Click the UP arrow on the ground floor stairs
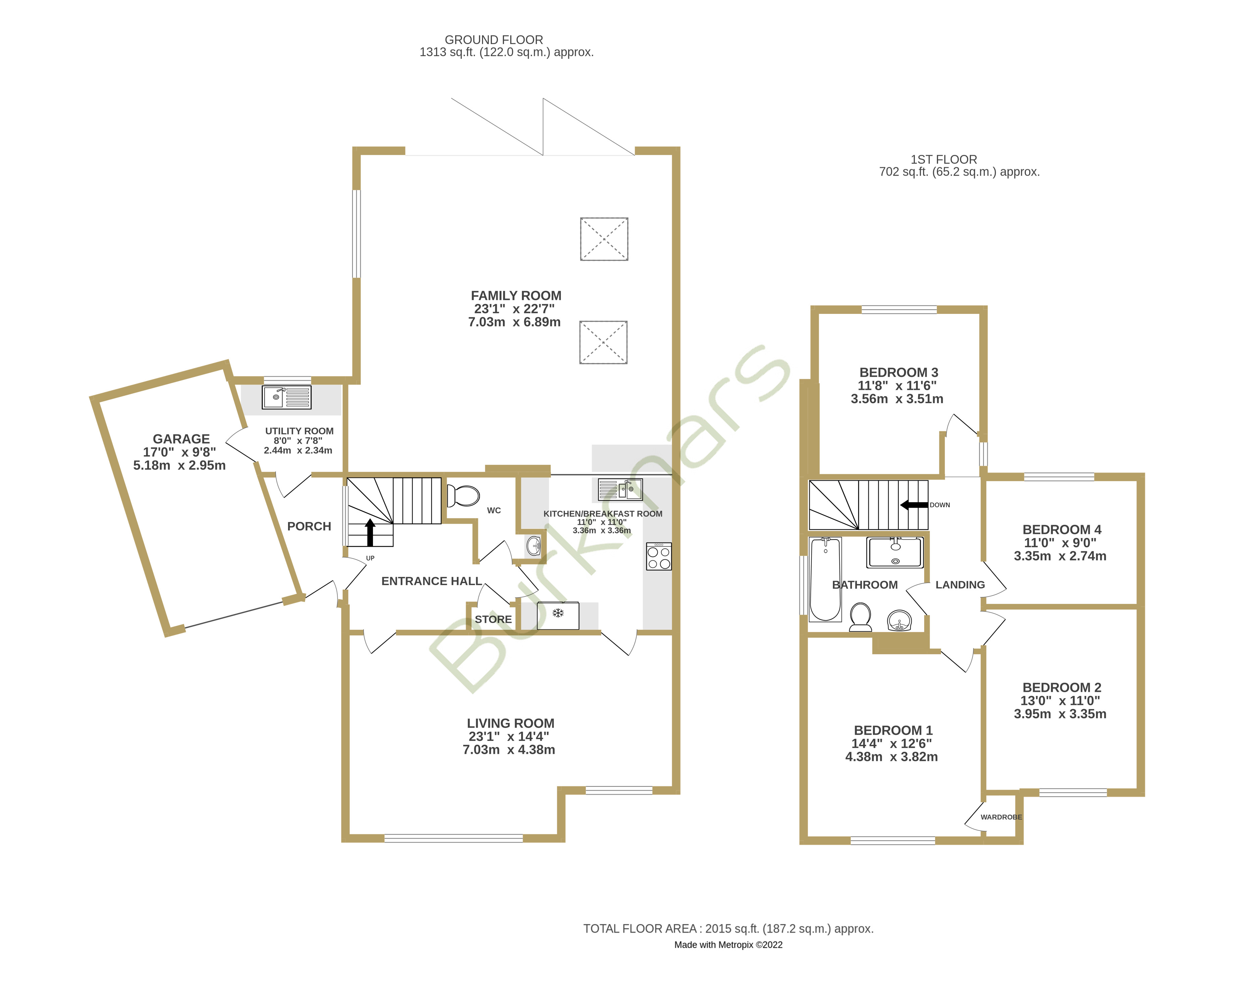coord(370,532)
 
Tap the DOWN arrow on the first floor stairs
coord(914,505)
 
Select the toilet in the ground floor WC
coord(464,496)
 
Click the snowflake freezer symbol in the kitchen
coord(558,613)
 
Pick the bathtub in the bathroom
coord(825,579)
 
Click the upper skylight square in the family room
coord(604,239)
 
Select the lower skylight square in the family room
coord(603,342)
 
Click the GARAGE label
coord(181,439)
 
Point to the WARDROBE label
coord(1001,817)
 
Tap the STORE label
coord(493,619)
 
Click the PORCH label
coord(309,526)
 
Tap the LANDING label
coord(960,585)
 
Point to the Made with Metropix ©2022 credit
coord(728,945)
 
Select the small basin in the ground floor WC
coord(534,545)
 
